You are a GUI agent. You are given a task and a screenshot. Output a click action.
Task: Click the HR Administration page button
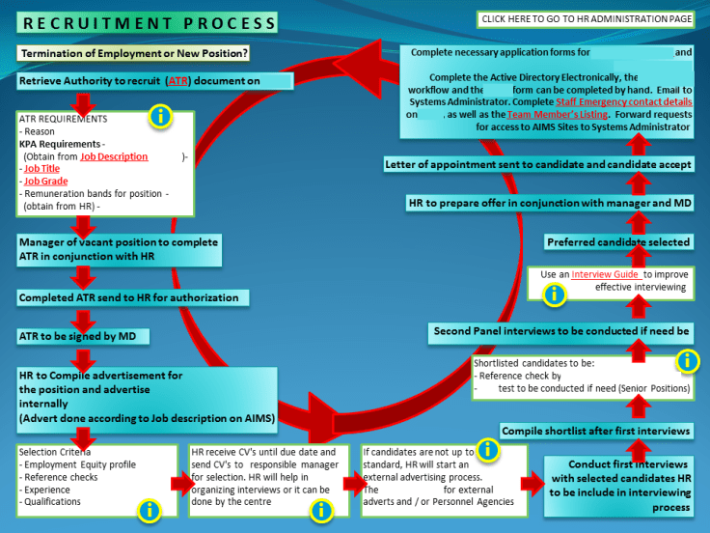587,18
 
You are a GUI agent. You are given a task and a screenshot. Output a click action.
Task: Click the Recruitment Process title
146,22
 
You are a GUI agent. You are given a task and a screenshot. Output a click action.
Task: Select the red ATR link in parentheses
178,82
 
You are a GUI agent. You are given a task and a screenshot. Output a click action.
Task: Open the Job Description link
114,156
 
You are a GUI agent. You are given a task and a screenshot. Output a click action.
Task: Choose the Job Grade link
45,181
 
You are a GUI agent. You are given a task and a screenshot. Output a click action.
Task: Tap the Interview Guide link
605,274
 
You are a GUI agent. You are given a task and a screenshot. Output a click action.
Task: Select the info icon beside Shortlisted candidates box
687,361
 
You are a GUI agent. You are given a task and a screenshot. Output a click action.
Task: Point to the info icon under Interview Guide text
554,295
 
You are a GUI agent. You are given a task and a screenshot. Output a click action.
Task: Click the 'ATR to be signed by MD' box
86,336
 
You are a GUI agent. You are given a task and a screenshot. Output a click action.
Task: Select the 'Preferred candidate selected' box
618,241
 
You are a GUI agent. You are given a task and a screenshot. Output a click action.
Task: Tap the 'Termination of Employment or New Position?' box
134,53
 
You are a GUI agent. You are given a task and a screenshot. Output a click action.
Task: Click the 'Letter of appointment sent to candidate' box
538,164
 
